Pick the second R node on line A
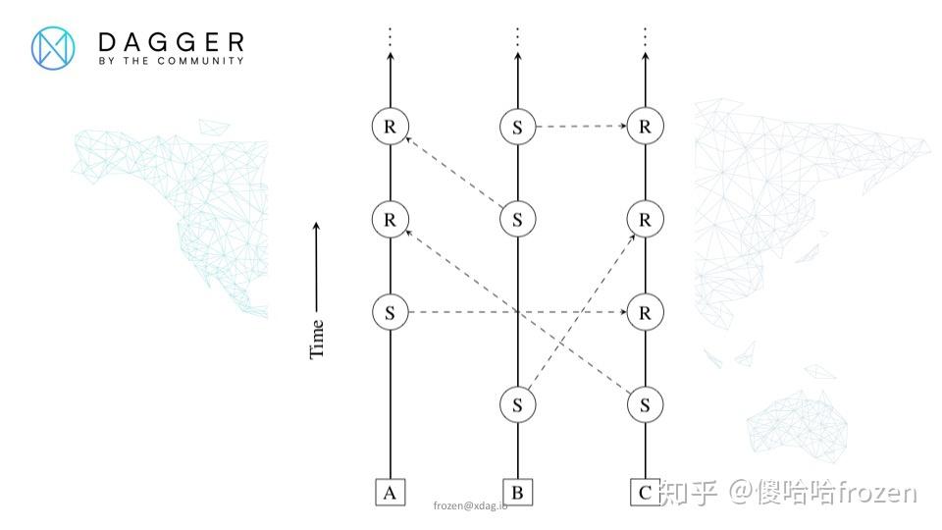tap(390, 219)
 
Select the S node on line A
tap(390, 313)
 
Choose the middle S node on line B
tap(517, 219)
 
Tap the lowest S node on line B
tap(517, 403)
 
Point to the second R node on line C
tap(645, 219)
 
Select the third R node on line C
tap(645, 313)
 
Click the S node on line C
tap(645, 403)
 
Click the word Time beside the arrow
tap(317, 338)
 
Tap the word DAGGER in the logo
tap(171, 41)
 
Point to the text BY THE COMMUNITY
tap(171, 61)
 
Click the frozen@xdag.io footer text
tap(470, 505)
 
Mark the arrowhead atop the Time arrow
tap(317, 227)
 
